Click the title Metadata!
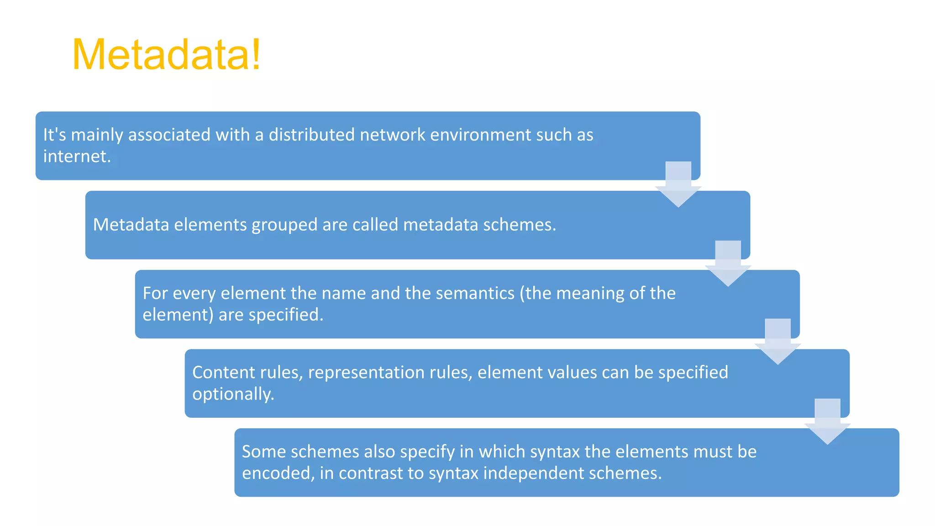(x=167, y=55)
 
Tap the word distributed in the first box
(x=311, y=135)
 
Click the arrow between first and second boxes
(x=678, y=184)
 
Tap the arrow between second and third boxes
(x=728, y=264)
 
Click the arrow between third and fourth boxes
(x=777, y=342)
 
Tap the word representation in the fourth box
(x=390, y=373)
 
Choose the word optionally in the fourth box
(x=233, y=394)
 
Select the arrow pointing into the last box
(x=827, y=422)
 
